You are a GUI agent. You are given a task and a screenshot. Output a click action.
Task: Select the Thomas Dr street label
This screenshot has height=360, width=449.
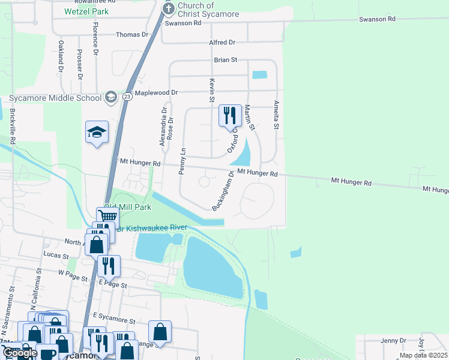pos(132,35)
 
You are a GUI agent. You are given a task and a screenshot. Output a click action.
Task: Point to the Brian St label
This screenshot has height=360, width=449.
pos(226,60)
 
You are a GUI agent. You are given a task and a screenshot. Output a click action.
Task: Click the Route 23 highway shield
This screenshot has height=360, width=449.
pos(127,96)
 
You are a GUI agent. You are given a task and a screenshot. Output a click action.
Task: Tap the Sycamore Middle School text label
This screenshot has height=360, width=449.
pos(55,98)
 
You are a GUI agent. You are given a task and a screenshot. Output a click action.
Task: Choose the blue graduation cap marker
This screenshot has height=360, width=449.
pos(97,133)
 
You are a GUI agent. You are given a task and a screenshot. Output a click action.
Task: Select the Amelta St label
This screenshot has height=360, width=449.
pos(277,115)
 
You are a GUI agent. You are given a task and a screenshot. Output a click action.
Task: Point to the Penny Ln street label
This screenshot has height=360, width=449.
pos(182,161)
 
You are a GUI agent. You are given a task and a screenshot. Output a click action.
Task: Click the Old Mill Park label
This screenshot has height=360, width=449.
pos(127,207)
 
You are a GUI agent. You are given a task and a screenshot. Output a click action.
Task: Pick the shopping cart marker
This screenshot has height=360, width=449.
pos(107,217)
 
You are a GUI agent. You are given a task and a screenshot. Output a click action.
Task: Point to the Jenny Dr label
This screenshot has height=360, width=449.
pos(393,341)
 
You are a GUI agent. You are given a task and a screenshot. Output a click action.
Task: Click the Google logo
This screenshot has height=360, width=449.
pos(19,353)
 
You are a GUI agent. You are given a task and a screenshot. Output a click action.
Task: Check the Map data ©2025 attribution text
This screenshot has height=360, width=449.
pos(423,355)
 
